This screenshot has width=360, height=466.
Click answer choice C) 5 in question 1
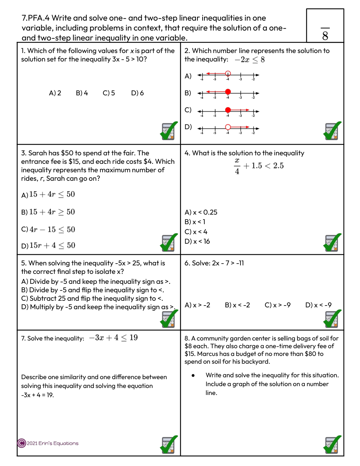click(x=109, y=93)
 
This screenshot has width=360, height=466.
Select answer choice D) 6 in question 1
click(x=138, y=93)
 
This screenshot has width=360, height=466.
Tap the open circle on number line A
click(x=228, y=73)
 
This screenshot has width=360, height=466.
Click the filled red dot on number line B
click(x=228, y=92)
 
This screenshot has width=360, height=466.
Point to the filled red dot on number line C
click(x=228, y=110)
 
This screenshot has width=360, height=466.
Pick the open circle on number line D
click(x=228, y=127)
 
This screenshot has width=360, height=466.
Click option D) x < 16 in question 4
click(x=197, y=241)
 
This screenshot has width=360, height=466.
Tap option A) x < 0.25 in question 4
click(x=201, y=212)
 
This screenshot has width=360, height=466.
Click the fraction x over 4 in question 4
click(x=237, y=166)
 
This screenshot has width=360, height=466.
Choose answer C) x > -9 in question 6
click(x=278, y=305)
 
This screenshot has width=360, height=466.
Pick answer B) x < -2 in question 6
click(x=238, y=305)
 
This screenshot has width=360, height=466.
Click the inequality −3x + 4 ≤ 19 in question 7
click(x=113, y=338)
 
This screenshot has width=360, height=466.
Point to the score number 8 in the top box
click(x=325, y=36)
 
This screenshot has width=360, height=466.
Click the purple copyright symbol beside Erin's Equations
click(x=22, y=443)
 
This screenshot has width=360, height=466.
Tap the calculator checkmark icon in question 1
click(x=169, y=131)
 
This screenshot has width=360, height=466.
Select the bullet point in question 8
click(x=193, y=375)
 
